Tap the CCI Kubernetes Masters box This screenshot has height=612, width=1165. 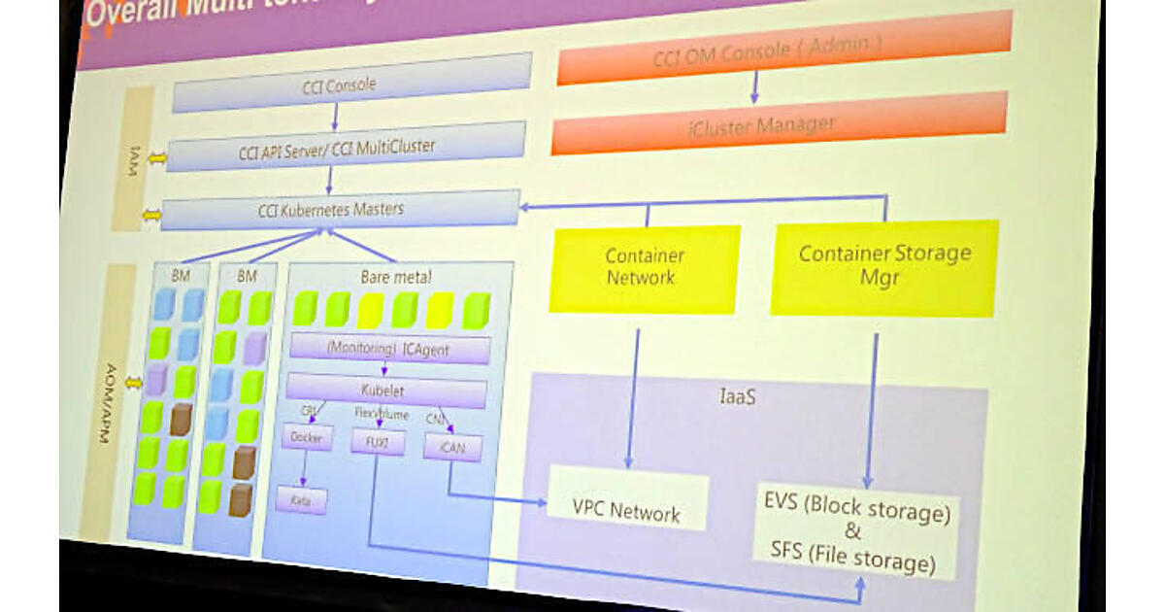tap(339, 210)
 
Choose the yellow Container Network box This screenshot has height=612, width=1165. tap(645, 267)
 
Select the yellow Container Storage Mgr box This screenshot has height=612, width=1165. tap(884, 265)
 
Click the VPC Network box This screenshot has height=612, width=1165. tap(626, 510)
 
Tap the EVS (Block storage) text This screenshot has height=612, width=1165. tap(855, 508)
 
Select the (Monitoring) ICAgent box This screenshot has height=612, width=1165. tap(389, 348)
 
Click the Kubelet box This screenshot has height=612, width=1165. tap(386, 391)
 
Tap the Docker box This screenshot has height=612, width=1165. tap(307, 438)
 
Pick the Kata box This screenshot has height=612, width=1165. tap(301, 501)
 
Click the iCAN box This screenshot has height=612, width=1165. tap(452, 446)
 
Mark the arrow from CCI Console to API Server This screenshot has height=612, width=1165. tap(336, 117)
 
